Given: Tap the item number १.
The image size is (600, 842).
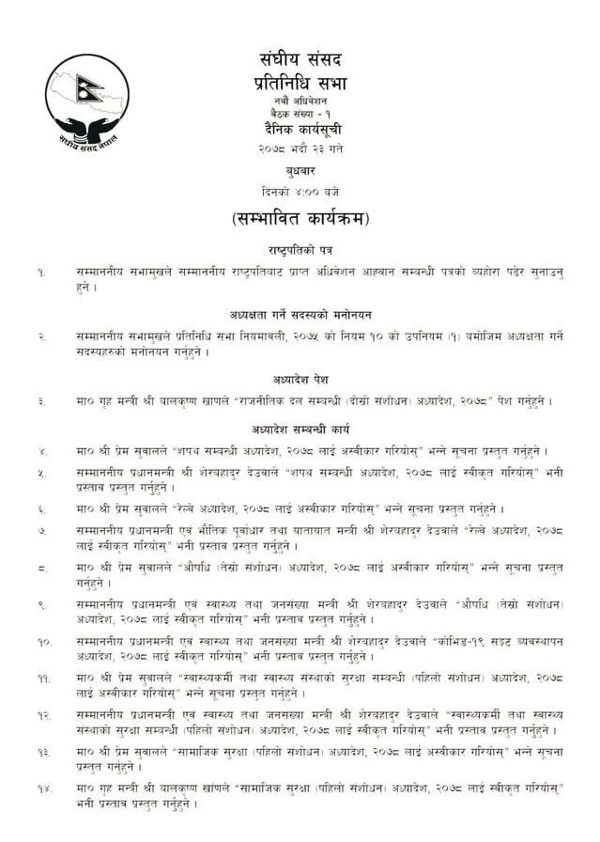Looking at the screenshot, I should coord(42,272).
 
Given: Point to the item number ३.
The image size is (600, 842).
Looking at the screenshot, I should coord(42,401).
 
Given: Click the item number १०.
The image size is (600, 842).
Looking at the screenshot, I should coord(43,641).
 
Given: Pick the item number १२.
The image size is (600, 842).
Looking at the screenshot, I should coord(43,716).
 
